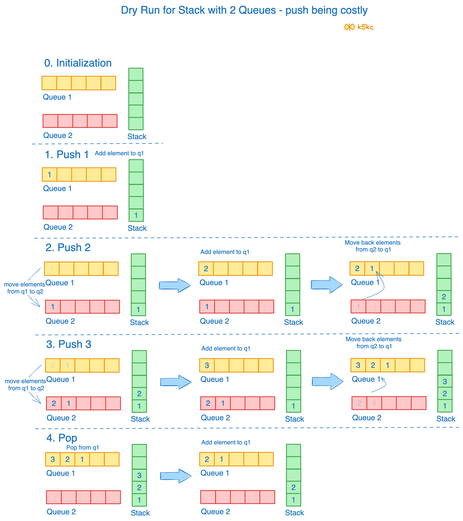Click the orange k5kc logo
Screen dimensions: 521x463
(x=359, y=27)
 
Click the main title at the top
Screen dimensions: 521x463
(x=244, y=10)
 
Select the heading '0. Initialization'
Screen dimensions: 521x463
(x=78, y=63)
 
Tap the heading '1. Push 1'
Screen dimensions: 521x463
(x=67, y=155)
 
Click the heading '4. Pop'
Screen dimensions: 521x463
(x=62, y=438)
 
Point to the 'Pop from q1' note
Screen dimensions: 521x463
(x=82, y=447)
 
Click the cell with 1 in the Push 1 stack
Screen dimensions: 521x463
(x=136, y=215)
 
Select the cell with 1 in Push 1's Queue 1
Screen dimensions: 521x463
(x=49, y=175)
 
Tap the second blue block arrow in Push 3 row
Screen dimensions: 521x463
(x=327, y=381)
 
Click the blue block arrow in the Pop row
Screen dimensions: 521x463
(x=176, y=476)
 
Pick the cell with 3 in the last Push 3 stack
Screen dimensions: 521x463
(x=445, y=381)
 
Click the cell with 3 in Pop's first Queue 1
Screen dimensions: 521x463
(x=53, y=459)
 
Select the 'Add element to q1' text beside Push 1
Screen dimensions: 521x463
(x=119, y=153)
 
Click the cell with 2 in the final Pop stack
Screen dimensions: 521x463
(x=293, y=487)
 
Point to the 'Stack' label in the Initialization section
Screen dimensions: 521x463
(x=137, y=137)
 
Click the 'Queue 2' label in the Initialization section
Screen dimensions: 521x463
(x=58, y=135)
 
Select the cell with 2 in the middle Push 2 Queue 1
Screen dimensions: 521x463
(x=206, y=269)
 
